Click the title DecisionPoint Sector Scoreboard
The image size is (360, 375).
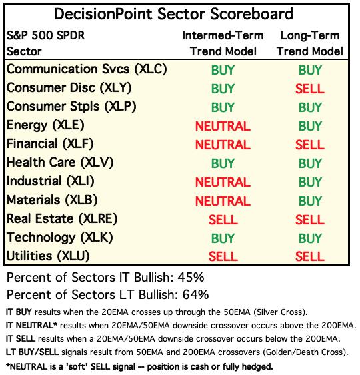tap(173, 14)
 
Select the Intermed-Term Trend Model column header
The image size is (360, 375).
tap(223, 43)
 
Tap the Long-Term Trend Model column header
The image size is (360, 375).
tap(310, 43)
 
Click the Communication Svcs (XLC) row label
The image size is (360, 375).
tap(87, 69)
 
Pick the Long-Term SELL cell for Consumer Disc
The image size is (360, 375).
tap(310, 89)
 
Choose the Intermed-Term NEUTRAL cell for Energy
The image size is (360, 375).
tap(223, 126)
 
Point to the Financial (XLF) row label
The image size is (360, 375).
tap(50, 144)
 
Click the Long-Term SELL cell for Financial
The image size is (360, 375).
tap(310, 145)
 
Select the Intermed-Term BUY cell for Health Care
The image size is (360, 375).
tap(223, 163)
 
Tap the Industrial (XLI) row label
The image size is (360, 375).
tap(51, 181)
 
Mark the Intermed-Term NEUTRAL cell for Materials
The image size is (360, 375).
tap(223, 201)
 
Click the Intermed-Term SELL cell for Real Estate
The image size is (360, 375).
tap(223, 220)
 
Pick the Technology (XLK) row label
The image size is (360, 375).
tap(60, 238)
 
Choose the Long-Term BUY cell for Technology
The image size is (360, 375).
tap(310, 238)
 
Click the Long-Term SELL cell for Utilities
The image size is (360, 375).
tap(310, 256)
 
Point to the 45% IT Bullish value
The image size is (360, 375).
tap(191, 278)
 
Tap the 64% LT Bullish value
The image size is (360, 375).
tap(195, 295)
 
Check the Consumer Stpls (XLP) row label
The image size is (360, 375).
tap(71, 107)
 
